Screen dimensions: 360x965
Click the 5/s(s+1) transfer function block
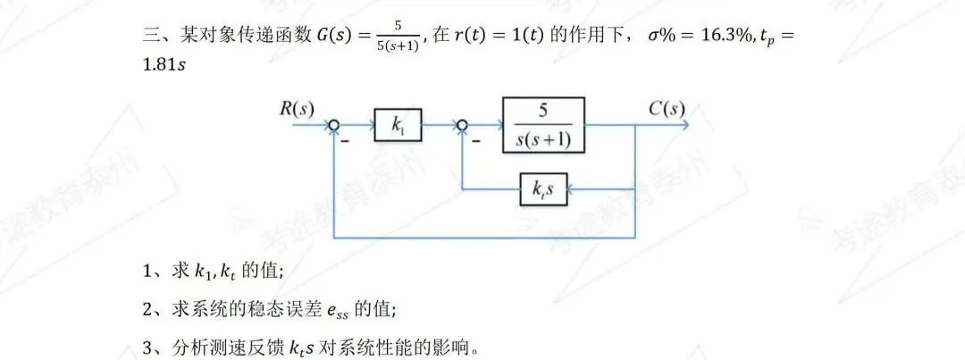coord(543,125)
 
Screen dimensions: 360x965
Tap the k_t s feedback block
coord(542,190)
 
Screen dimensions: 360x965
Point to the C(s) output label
coord(667,109)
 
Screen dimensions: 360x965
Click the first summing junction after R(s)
coord(334,126)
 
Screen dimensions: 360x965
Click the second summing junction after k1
coord(462,126)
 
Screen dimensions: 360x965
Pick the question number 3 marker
coord(148,346)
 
